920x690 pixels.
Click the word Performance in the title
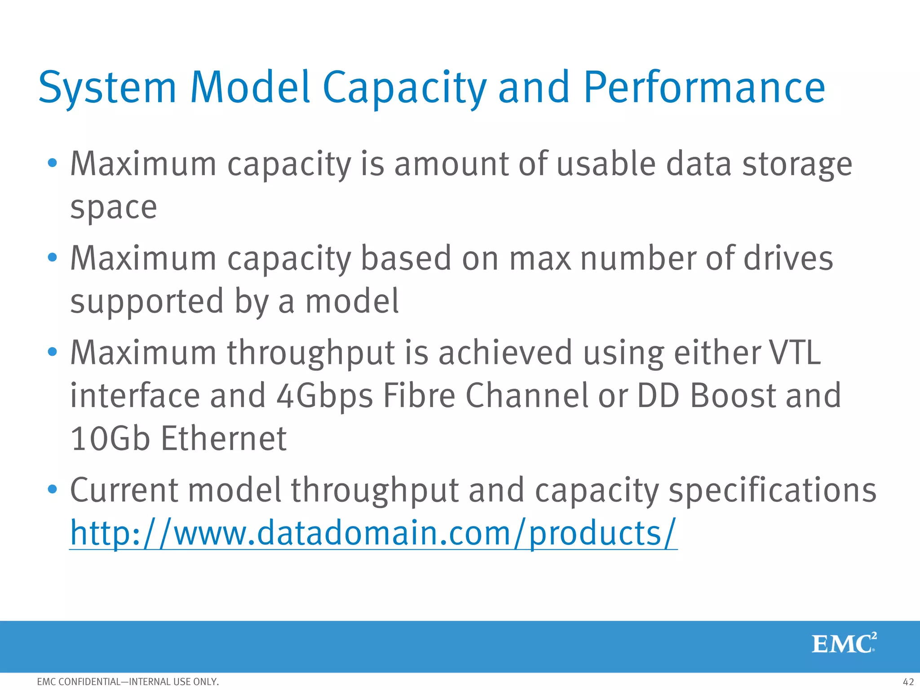pyautogui.click(x=704, y=88)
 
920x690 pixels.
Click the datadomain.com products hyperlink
pyautogui.click(x=373, y=533)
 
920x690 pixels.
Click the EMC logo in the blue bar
pyautogui.click(x=844, y=644)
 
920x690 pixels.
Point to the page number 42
pyautogui.click(x=908, y=682)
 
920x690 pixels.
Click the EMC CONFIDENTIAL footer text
pyautogui.click(x=128, y=682)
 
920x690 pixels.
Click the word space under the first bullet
pyautogui.click(x=114, y=208)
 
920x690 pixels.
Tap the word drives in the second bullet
pyautogui.click(x=788, y=258)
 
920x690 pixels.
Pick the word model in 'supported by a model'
pyautogui.click(x=352, y=301)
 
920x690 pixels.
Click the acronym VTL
pyautogui.click(x=795, y=353)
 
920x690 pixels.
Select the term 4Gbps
pyautogui.click(x=324, y=396)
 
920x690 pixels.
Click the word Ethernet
pyautogui.click(x=224, y=438)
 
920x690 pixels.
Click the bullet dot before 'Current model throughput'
pyautogui.click(x=53, y=489)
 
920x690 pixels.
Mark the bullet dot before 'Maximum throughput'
pyautogui.click(x=53, y=352)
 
